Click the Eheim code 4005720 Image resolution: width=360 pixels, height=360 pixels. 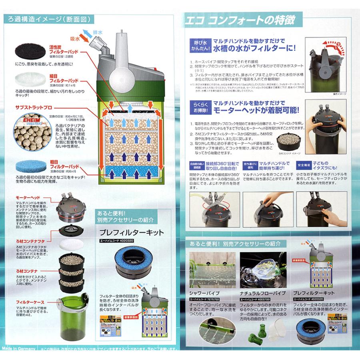258,298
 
